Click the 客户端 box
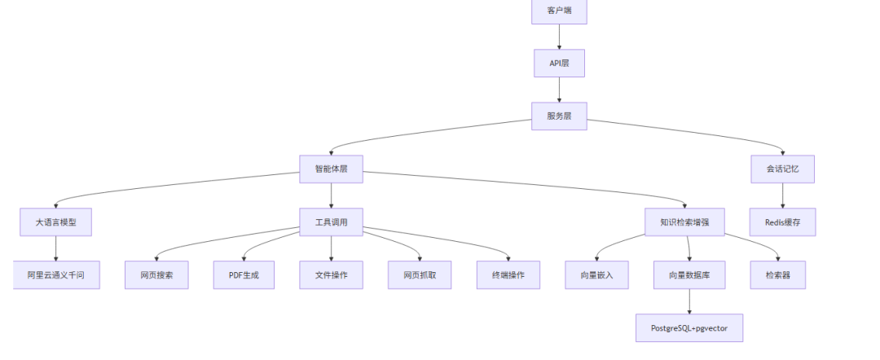559,11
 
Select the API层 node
559,63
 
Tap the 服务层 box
559,116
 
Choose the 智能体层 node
331,169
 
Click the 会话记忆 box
782,169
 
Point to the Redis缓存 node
782,222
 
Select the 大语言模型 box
55,222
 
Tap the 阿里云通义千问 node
56,275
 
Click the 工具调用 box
331,222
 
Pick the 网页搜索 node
156,275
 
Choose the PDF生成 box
244,275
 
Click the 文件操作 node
331,275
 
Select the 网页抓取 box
419,275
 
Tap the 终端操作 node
508,275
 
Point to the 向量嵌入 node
597,275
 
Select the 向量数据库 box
689,275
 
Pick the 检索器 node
782,275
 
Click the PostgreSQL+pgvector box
689,327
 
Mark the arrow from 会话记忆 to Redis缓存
782,195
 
